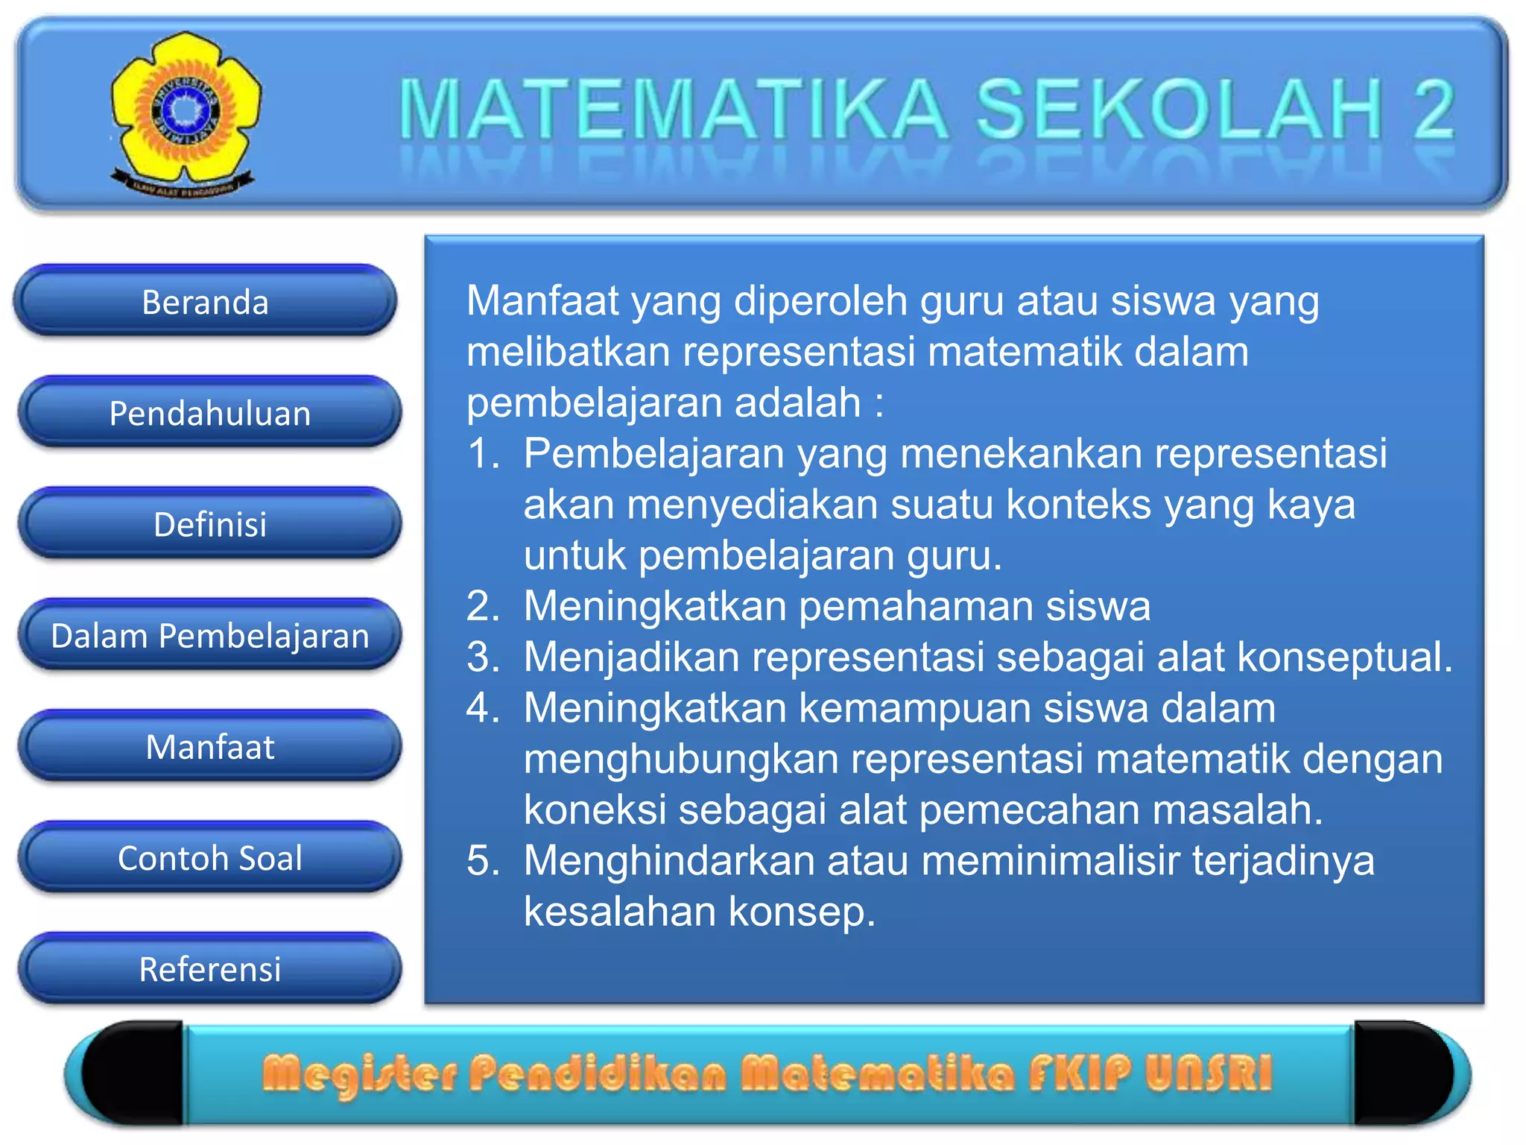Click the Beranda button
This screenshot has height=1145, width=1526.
[x=205, y=302]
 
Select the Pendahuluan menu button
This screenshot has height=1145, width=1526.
[x=209, y=413]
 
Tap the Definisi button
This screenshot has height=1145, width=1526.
[x=209, y=524]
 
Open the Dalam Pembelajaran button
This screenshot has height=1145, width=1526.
[x=209, y=636]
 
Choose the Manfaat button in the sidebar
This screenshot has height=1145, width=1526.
[x=209, y=747]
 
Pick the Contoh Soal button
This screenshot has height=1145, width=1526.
[x=209, y=858]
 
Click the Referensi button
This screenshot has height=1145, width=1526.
[x=209, y=969]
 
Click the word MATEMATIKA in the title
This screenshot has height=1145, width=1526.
[x=674, y=110]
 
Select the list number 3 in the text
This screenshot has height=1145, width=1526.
[x=483, y=657]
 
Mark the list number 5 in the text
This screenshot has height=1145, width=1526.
[x=483, y=861]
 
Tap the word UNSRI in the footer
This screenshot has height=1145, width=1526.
[x=1209, y=1073]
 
